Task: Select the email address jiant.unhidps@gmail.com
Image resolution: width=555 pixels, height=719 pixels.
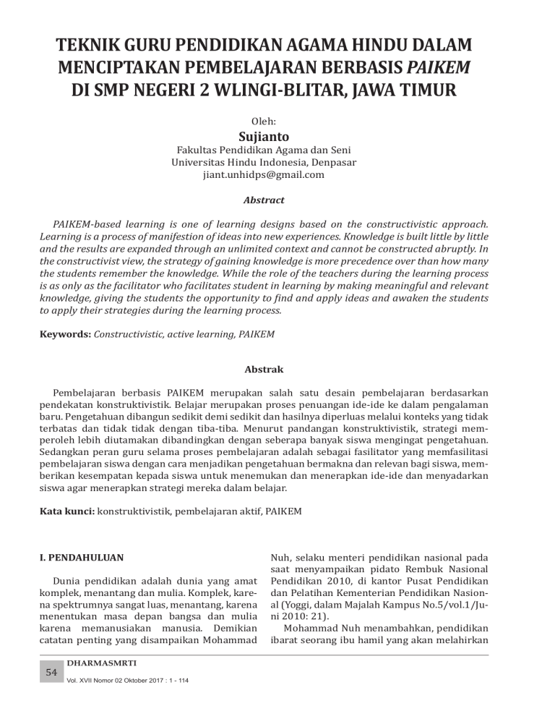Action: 277,174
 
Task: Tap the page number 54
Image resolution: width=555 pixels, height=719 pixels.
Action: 51,672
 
